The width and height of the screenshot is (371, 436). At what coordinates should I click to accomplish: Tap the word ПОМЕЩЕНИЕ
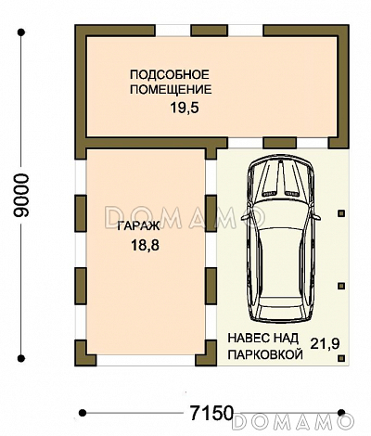[x=171, y=90]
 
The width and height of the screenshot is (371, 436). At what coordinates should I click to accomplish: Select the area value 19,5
[x=184, y=109]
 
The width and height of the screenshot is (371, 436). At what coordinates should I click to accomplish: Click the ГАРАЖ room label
[x=137, y=227]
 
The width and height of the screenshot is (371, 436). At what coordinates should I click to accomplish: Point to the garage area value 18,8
[x=136, y=246]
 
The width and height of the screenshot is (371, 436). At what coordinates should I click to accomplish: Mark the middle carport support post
[x=341, y=284]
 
